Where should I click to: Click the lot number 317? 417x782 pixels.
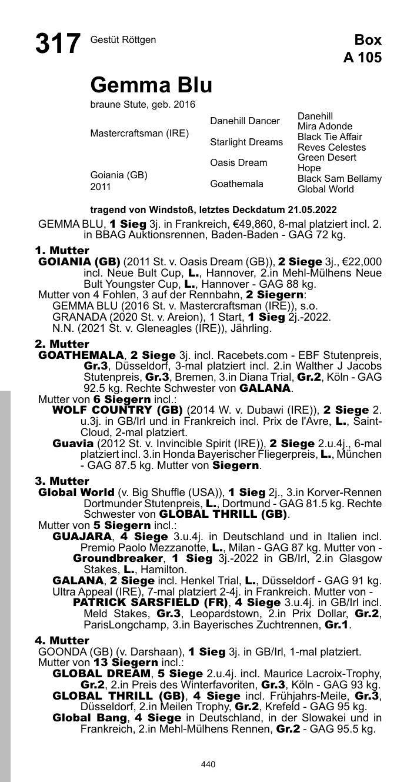point(58,44)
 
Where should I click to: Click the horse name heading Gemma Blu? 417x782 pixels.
point(151,85)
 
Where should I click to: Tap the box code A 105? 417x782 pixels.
point(362,58)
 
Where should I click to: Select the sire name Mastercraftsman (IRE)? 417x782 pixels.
point(139,134)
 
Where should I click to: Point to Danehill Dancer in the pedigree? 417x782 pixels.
point(245,121)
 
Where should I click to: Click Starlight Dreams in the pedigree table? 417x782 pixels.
point(246,142)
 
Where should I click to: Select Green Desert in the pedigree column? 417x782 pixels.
point(326,158)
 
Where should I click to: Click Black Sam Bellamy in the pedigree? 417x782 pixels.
point(339,179)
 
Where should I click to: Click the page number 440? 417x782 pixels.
point(208,764)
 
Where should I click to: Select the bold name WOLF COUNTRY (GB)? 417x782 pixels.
point(117,410)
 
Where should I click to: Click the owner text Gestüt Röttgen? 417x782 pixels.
point(123,40)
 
